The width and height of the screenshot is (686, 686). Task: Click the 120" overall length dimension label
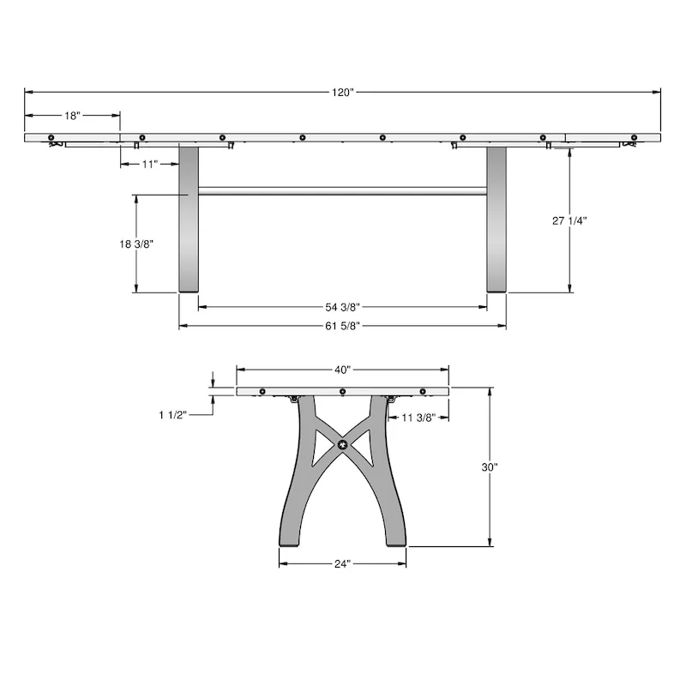[343, 93]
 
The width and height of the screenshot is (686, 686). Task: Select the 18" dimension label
[72, 115]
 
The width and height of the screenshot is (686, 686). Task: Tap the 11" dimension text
[149, 163]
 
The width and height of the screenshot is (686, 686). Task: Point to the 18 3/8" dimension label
[136, 244]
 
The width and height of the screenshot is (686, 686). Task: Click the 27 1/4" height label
[569, 220]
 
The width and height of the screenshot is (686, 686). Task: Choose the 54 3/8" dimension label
[343, 306]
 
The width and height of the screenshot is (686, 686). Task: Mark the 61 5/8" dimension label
[343, 326]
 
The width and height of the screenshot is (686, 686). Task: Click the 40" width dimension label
[343, 370]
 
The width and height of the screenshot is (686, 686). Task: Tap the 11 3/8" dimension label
[419, 418]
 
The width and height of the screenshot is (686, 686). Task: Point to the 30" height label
[490, 467]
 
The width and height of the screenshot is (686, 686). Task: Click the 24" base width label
[343, 564]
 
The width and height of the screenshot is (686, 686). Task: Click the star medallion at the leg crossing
[343, 445]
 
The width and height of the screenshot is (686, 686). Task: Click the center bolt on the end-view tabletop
[343, 392]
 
